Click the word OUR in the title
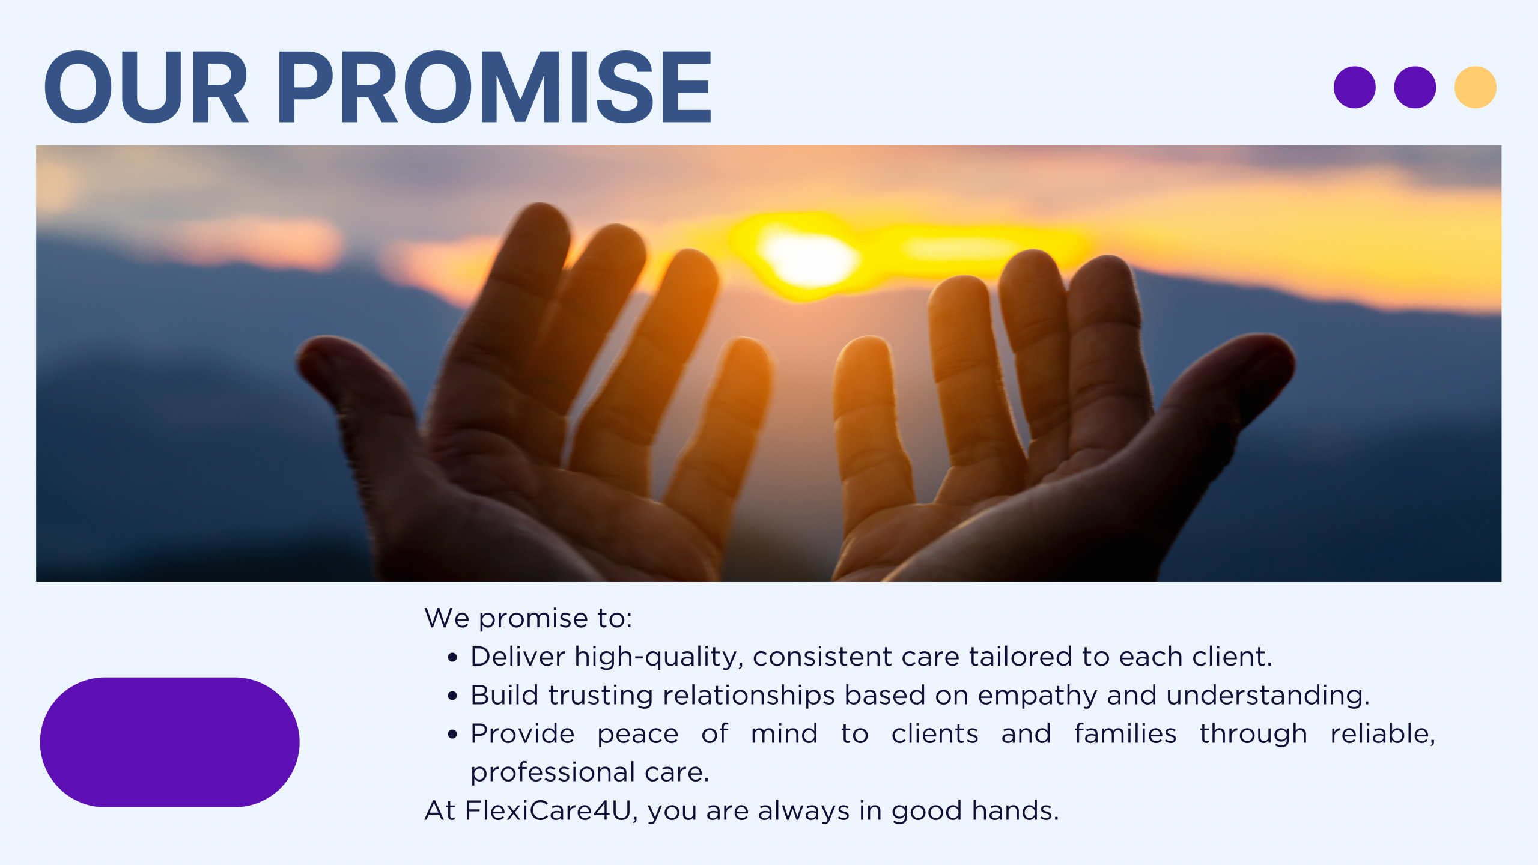(x=146, y=87)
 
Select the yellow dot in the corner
(x=1475, y=87)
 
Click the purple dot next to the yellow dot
(x=1415, y=87)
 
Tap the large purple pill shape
(x=169, y=742)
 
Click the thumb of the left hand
(x=360, y=396)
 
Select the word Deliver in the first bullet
(x=518, y=657)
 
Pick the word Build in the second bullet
(x=505, y=695)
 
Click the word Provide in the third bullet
(x=523, y=733)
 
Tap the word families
(x=1125, y=733)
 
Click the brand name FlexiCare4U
(x=548, y=810)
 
